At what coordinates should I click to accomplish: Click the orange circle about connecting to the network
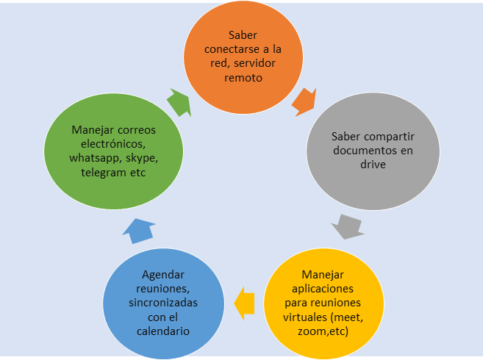(x=243, y=54)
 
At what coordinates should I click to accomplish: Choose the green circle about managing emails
(x=114, y=151)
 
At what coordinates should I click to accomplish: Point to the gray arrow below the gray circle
(x=347, y=225)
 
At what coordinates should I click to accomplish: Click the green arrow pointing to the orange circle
(x=179, y=103)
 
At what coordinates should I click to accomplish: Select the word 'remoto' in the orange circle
(x=243, y=76)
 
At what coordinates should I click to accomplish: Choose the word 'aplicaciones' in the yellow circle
(x=322, y=289)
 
